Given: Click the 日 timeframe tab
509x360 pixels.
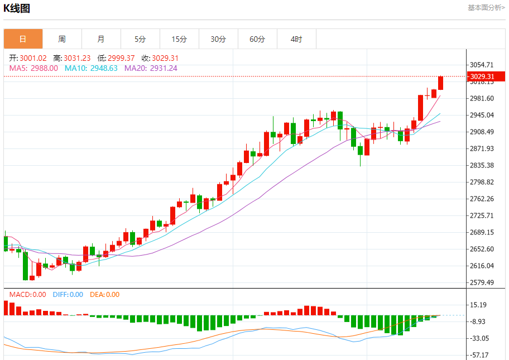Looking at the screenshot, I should [23, 39].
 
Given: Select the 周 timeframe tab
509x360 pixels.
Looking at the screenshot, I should [62, 39].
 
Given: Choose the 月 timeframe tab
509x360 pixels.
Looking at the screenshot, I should [101, 39].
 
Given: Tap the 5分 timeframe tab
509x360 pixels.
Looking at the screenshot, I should [140, 39].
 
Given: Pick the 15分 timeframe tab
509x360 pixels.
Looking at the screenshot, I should [179, 39].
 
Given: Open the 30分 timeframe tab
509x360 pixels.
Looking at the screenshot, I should [218, 39].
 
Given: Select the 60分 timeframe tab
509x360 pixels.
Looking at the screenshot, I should [257, 39].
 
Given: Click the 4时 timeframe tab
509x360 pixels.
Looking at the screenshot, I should [296, 39].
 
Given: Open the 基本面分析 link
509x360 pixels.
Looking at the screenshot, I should [486, 8].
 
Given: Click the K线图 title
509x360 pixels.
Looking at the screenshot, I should [17, 8].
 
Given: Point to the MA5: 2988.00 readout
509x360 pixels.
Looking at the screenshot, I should [33, 68].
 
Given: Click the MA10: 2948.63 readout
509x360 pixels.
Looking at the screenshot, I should [91, 68].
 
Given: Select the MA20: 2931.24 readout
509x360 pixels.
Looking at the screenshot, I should [151, 68].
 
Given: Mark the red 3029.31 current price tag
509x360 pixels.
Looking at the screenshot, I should [482, 76].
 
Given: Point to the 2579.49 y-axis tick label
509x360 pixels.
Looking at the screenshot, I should [482, 282].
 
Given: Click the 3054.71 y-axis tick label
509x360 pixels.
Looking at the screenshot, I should [482, 65].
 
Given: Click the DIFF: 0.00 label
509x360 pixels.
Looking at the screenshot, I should [68, 295].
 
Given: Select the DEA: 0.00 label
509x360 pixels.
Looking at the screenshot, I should [105, 295].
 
